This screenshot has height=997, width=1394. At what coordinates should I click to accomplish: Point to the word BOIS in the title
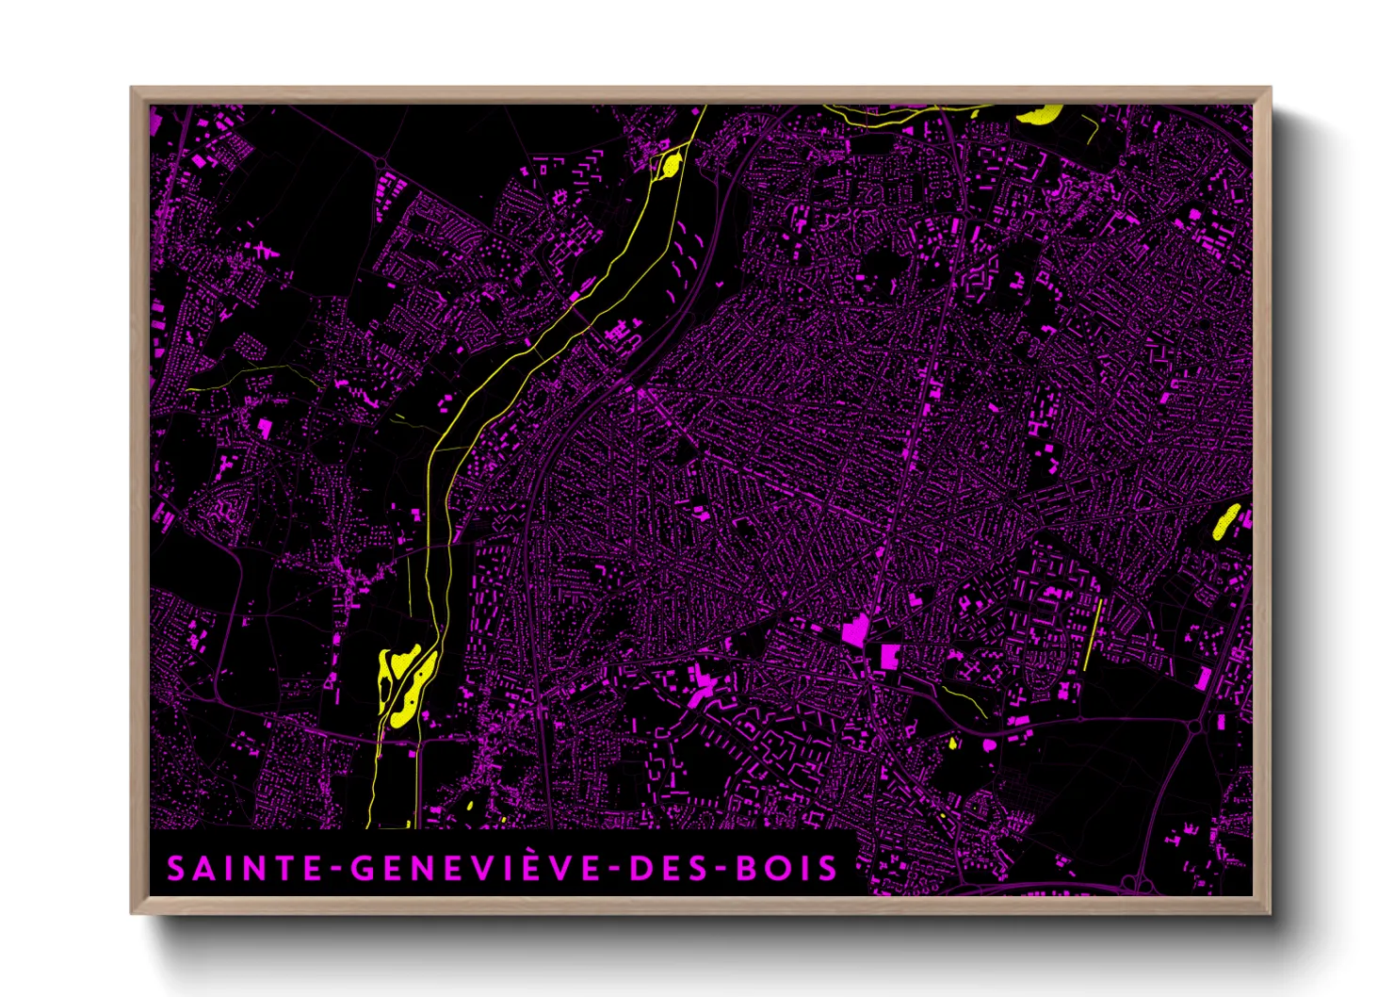tap(786, 868)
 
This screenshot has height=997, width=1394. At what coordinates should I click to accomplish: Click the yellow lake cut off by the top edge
tap(1038, 115)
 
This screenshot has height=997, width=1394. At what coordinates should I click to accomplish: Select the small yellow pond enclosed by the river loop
tap(671, 165)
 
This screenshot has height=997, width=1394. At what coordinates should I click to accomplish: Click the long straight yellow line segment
tap(1093, 634)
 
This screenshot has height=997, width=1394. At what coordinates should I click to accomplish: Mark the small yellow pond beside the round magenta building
tap(953, 744)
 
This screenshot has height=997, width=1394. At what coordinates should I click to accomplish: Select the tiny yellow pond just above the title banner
tap(470, 807)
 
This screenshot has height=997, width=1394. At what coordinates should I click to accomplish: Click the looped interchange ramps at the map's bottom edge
tap(1139, 884)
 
